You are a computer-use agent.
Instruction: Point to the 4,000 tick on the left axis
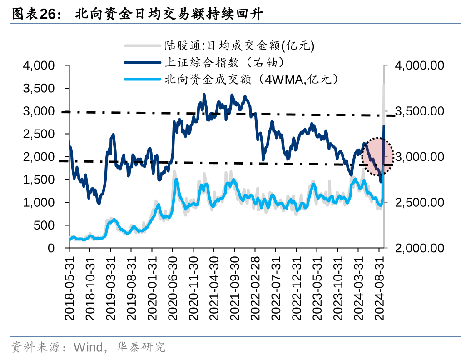coord(39,66)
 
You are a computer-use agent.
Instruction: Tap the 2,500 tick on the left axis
coord(39,134)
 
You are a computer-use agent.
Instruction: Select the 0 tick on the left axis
coord(51,248)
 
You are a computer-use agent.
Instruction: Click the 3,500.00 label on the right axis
coord(419,111)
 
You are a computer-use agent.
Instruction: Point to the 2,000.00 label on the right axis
coord(419,248)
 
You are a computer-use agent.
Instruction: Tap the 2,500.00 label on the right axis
coord(419,203)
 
